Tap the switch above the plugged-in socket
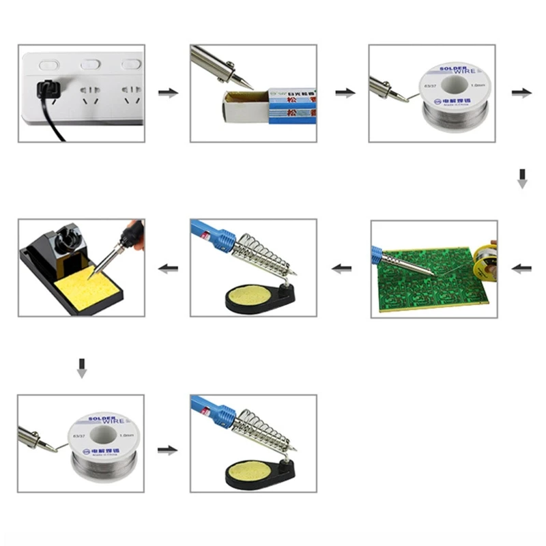click(46, 65)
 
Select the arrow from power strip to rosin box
click(167, 93)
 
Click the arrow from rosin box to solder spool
click(345, 93)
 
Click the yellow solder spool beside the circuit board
click(486, 256)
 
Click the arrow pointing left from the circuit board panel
click(341, 269)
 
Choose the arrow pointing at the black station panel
click(167, 269)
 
